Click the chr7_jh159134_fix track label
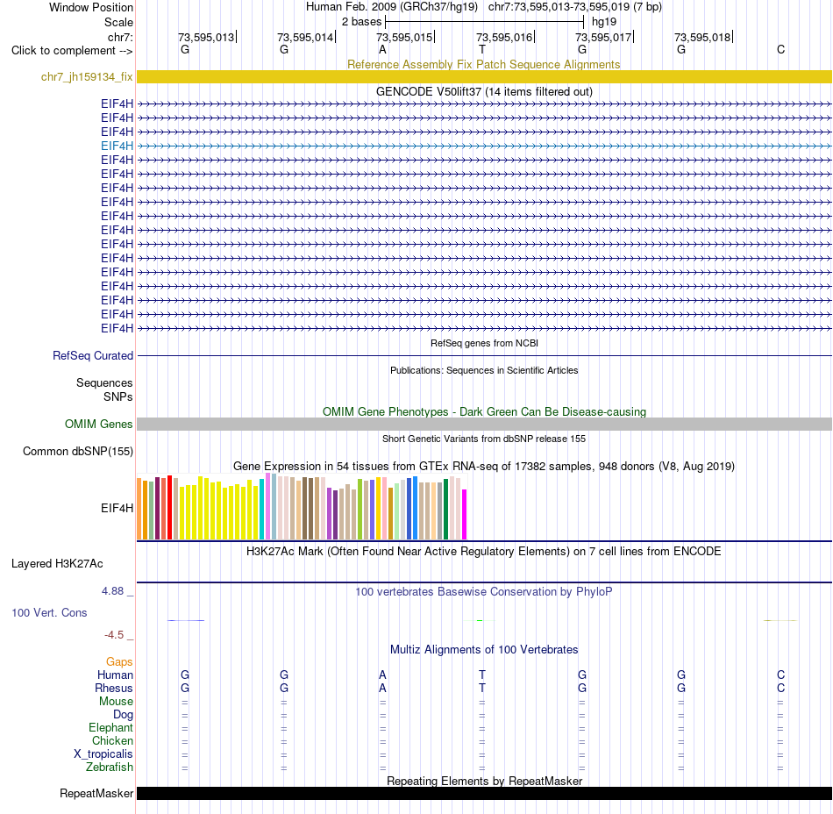tap(87, 77)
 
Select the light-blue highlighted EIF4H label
tap(117, 146)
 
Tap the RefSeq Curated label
tap(93, 355)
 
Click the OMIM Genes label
tap(99, 424)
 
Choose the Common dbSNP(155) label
tap(78, 451)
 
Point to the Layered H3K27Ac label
tap(57, 564)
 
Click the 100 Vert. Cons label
tap(49, 612)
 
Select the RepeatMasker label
tap(96, 793)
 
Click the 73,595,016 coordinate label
tap(503, 37)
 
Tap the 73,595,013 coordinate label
tap(205, 37)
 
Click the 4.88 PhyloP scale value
tap(112, 591)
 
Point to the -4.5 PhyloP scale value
tap(114, 635)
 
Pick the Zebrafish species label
tap(110, 768)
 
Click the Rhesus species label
tap(114, 688)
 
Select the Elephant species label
tap(111, 728)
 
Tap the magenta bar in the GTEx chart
tap(465, 514)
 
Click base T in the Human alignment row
tap(482, 675)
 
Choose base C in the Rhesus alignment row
tap(780, 688)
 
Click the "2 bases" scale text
tap(361, 22)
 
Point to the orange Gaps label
tap(119, 662)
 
